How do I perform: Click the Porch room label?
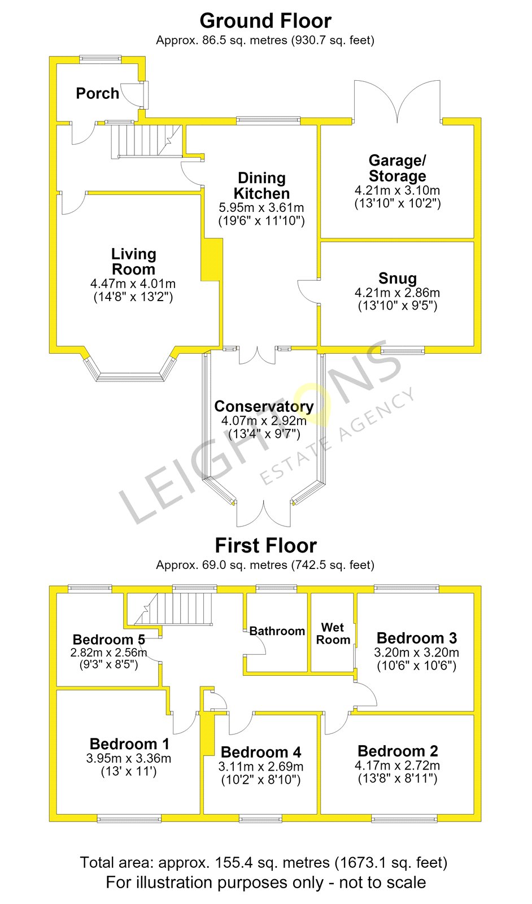point(97,94)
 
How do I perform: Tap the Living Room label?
point(133,262)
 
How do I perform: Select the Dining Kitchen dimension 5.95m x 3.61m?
point(261,208)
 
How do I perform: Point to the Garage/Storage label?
point(397,168)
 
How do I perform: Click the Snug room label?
point(397,278)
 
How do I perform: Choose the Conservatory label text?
point(264,406)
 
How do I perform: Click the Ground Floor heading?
point(265,21)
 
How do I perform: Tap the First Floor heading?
point(266,546)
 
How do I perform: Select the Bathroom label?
point(277,631)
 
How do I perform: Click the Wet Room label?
point(333,633)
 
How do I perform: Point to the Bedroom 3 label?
point(417,638)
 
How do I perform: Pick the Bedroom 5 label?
point(109,640)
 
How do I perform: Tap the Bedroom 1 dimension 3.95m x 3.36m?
point(129,758)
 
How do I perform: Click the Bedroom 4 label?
point(261,752)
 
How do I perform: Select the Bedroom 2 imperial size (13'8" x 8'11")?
point(398,778)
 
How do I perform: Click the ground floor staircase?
point(146,141)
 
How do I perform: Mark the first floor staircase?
point(173,609)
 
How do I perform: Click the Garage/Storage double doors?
point(397,101)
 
